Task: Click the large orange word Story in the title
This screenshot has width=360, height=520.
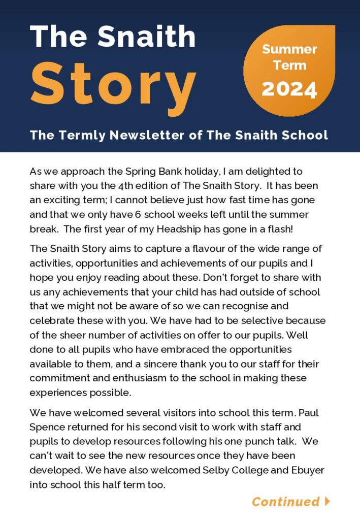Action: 113,84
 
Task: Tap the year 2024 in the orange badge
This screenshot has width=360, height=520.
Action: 289,89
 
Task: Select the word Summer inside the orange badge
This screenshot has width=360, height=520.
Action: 289,50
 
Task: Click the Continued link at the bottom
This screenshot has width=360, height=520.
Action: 285,502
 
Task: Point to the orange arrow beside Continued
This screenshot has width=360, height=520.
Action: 327,501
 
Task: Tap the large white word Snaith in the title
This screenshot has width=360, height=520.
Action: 147,37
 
